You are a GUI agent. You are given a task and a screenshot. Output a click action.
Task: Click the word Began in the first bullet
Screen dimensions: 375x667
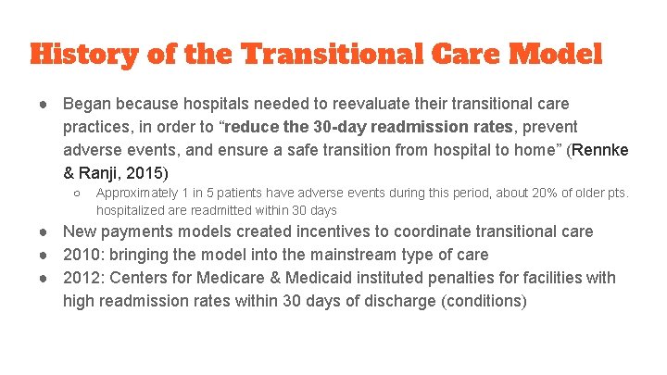coord(86,104)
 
